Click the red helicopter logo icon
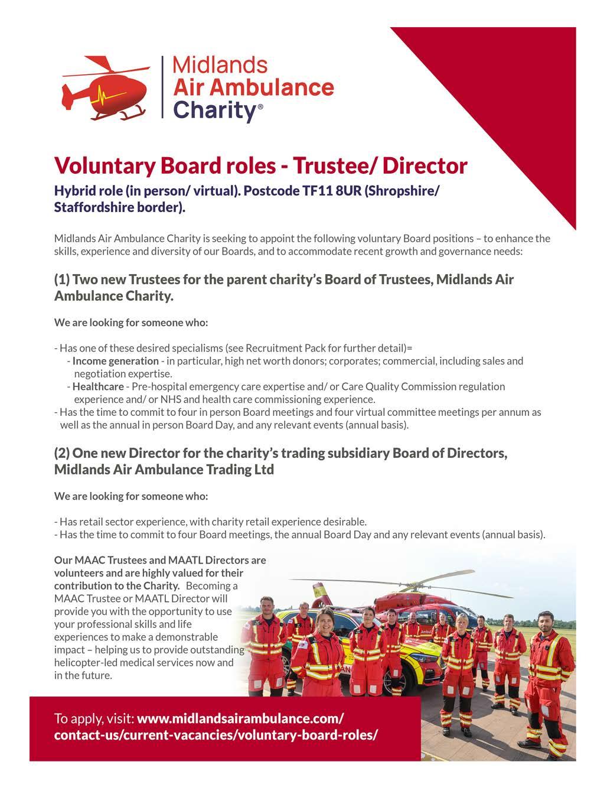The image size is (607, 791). (x=105, y=87)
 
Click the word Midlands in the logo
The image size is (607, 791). (x=220, y=64)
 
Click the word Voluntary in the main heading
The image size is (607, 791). (x=101, y=165)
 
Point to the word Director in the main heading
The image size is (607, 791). (x=425, y=165)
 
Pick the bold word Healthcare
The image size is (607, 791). (x=98, y=386)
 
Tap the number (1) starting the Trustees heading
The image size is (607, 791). (x=61, y=279)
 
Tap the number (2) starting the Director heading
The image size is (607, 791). (x=61, y=453)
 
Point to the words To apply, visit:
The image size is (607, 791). (x=94, y=719)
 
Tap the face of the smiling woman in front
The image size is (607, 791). (x=327, y=622)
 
